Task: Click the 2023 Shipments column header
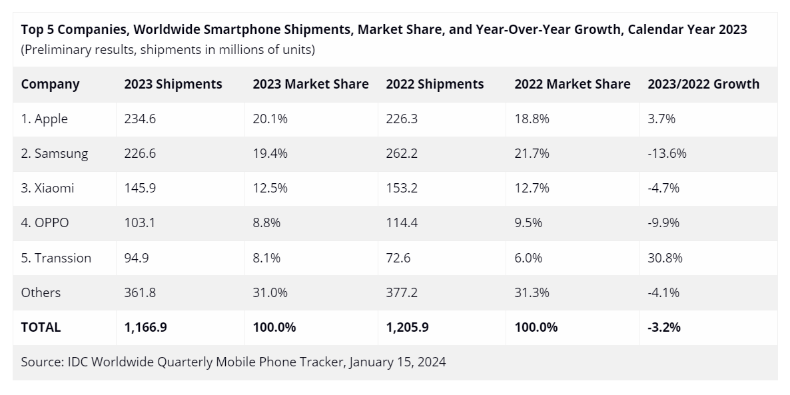(173, 84)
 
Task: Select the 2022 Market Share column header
(572, 84)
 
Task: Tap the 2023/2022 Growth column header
(703, 84)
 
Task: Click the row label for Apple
(45, 119)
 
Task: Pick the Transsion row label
(56, 258)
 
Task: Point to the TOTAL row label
(41, 327)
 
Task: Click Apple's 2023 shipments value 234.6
(139, 119)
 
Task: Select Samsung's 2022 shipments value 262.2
(402, 154)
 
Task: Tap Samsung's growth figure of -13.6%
(667, 154)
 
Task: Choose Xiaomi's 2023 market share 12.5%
(270, 189)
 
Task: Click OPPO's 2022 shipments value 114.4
(402, 223)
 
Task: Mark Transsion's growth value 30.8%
(665, 258)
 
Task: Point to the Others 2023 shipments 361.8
(139, 292)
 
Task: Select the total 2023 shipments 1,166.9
(146, 327)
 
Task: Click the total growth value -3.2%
(663, 327)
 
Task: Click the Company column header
(50, 84)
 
